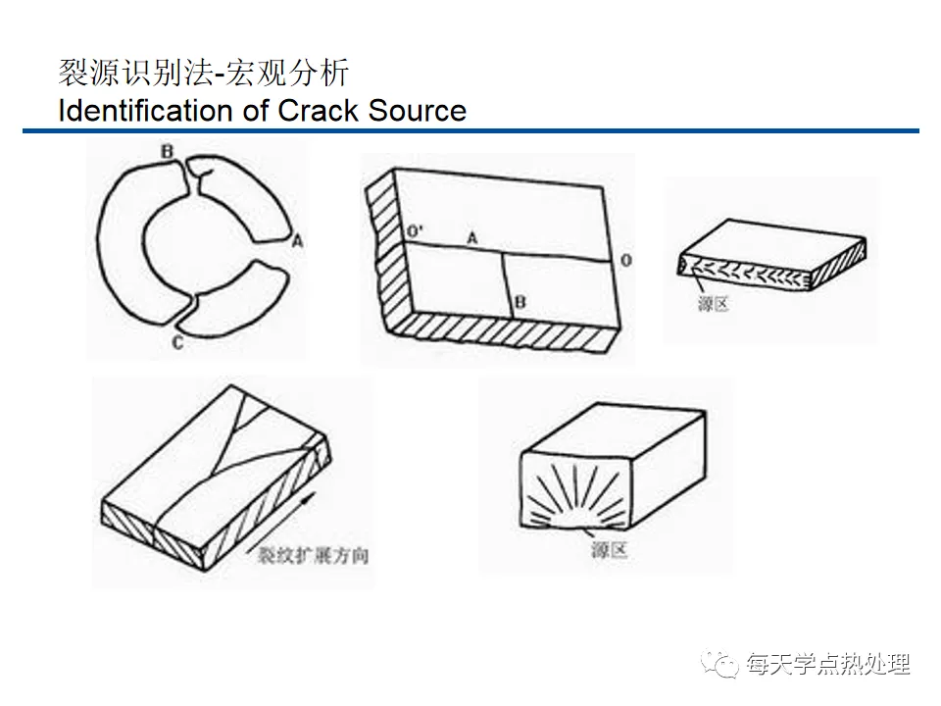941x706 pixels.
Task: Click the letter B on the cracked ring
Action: [168, 152]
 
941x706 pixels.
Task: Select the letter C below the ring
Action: [176, 341]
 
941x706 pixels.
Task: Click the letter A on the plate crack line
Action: [472, 236]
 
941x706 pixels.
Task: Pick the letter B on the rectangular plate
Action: [520, 303]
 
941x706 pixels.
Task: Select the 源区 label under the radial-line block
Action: [608, 550]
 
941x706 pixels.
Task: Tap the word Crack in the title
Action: [320, 110]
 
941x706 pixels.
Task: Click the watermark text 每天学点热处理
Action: [828, 665]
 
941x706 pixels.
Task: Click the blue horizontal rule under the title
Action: [470, 131]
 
